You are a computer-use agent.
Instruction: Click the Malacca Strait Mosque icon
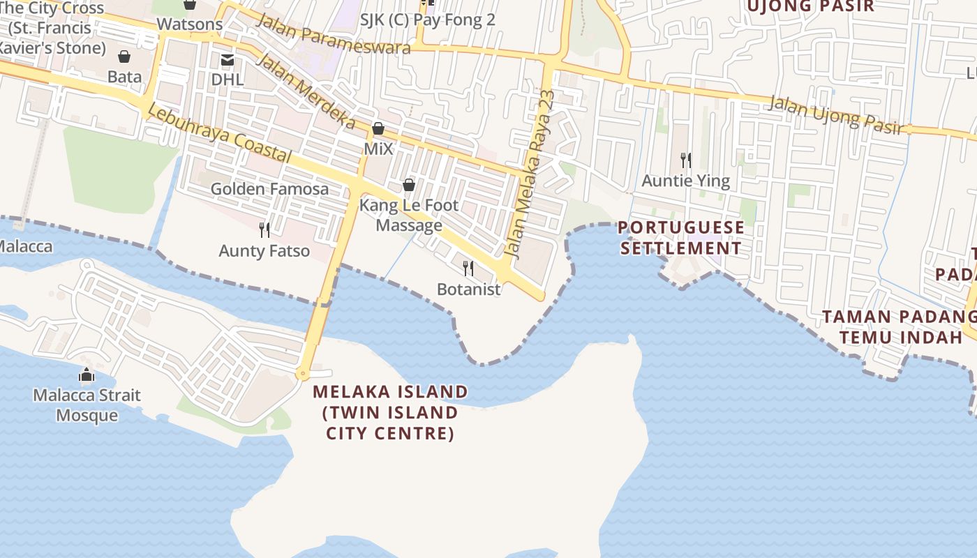pyautogui.click(x=87, y=375)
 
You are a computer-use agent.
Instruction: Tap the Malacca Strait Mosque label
pyautogui.click(x=87, y=405)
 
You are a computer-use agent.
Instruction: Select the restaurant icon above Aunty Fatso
pyautogui.click(x=264, y=229)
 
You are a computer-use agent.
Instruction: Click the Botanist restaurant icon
pyautogui.click(x=468, y=268)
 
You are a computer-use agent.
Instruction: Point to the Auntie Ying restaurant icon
pyautogui.click(x=686, y=160)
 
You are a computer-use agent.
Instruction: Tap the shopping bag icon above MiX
pyautogui.click(x=378, y=129)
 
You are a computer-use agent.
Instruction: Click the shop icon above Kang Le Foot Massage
pyautogui.click(x=409, y=185)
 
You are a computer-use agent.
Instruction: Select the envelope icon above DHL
pyautogui.click(x=228, y=60)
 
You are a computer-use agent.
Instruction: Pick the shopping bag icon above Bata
pyautogui.click(x=124, y=56)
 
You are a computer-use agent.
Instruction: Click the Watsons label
pyautogui.click(x=190, y=24)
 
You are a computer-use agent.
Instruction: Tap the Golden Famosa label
pyautogui.click(x=269, y=189)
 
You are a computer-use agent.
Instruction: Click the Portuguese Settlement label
pyautogui.click(x=681, y=238)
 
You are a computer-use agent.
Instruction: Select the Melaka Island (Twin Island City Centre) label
pyautogui.click(x=390, y=412)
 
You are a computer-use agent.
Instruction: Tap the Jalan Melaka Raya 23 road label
pyautogui.click(x=532, y=174)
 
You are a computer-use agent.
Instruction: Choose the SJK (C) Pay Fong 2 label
pyautogui.click(x=427, y=20)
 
